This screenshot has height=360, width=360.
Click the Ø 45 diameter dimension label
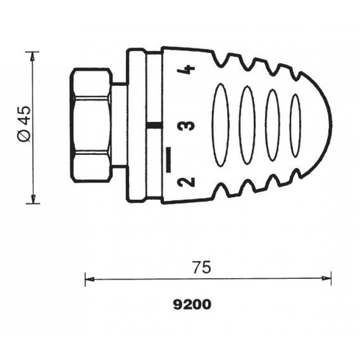[x=24, y=124]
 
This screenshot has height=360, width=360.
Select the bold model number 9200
[x=192, y=305]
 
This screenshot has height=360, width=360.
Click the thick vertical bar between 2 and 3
[x=168, y=160]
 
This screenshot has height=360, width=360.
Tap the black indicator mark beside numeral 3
[x=154, y=126]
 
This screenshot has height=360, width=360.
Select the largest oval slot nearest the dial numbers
[x=220, y=125]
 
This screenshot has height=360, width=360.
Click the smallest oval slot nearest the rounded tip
[x=296, y=126]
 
